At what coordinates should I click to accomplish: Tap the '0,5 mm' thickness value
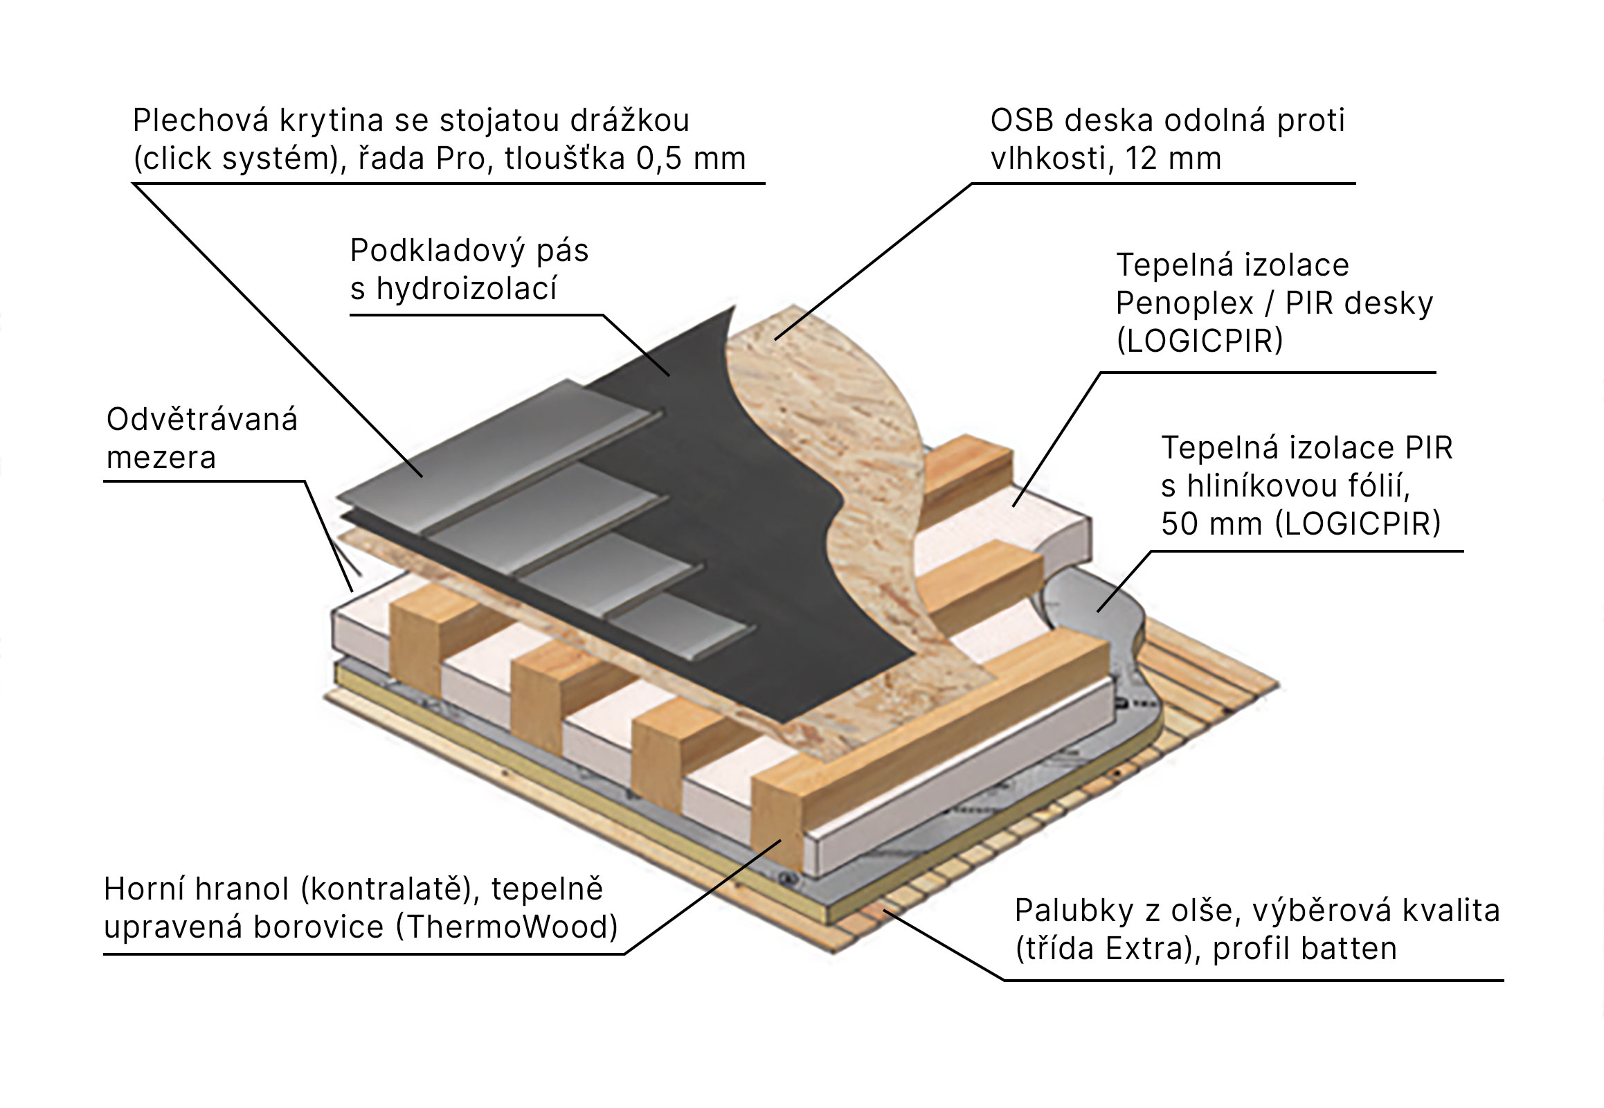691,159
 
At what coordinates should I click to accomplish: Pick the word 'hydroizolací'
467,289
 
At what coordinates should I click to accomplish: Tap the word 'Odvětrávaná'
202,420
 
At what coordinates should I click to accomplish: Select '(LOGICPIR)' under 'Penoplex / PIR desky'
1199,341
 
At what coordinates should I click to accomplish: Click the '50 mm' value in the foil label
1211,524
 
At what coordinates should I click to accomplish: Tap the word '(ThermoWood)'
507,927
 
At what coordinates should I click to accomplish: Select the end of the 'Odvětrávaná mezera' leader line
352,591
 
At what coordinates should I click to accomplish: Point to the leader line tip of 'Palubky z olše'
883,910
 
